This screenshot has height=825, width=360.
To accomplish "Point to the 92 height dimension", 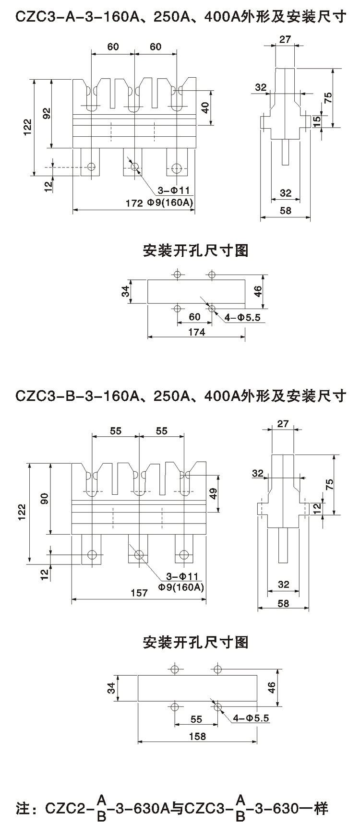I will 47,114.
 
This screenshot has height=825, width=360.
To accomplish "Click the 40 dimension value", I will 205,108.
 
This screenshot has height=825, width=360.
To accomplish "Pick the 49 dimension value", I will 214,493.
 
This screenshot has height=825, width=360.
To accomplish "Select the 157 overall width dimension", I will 139,593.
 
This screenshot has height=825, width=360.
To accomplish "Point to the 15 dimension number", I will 316,121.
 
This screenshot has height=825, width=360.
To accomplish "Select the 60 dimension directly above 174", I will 194,317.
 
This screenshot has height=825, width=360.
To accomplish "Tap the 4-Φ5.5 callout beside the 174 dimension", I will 242,317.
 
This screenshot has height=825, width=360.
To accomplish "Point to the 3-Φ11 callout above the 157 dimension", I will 182,576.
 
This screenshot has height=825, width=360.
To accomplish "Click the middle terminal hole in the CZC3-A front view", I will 134,167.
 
